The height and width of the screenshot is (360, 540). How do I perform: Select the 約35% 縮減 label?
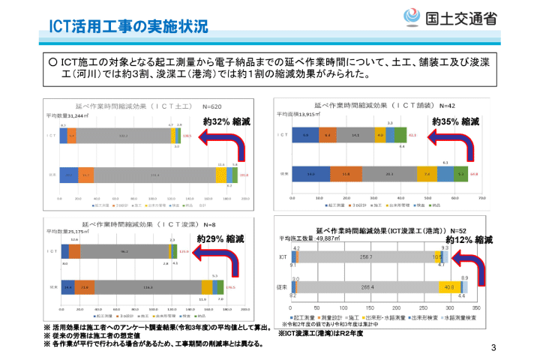point(455,121)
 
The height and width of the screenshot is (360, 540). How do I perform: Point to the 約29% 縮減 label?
point(220,239)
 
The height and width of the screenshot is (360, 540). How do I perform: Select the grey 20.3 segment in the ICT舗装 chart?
point(389,174)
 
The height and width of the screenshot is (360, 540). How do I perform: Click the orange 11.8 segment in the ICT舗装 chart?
point(346,174)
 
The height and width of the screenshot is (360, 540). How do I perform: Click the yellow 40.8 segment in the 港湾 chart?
point(448,287)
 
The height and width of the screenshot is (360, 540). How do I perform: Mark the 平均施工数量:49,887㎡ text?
point(308,238)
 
